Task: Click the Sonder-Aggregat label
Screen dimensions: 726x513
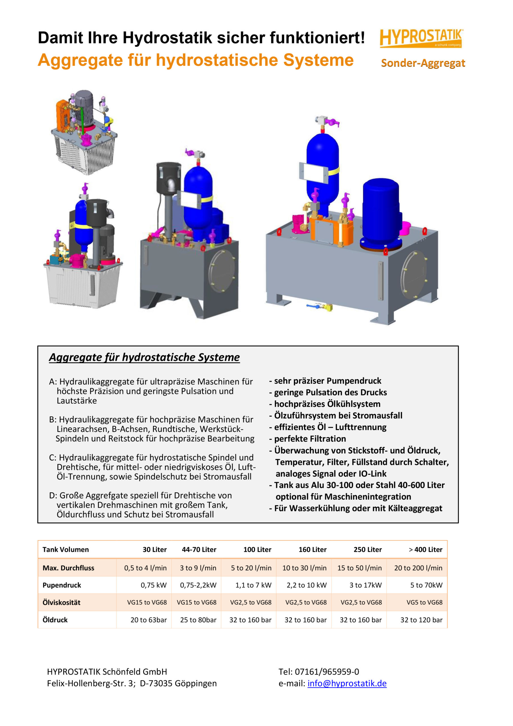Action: [x=423, y=63]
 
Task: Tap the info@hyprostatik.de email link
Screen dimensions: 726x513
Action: [x=347, y=683]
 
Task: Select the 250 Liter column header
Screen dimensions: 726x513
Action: [x=367, y=550]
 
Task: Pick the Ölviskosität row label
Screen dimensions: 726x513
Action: [x=61, y=602]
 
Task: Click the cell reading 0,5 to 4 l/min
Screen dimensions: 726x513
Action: [x=145, y=568]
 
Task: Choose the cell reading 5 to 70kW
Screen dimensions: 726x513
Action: [x=426, y=585]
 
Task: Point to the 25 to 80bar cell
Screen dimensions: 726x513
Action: [x=198, y=620]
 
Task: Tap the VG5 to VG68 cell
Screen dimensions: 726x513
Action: [x=424, y=602]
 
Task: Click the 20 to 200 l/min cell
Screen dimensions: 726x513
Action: [x=418, y=568]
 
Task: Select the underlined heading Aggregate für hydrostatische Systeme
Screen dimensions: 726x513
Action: [x=144, y=357]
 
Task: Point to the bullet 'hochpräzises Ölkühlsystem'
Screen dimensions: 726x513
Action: [x=327, y=404]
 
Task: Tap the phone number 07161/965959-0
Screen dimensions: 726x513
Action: [x=327, y=672]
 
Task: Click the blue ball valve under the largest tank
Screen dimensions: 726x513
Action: [x=316, y=306]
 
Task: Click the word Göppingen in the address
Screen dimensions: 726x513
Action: [x=195, y=683]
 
